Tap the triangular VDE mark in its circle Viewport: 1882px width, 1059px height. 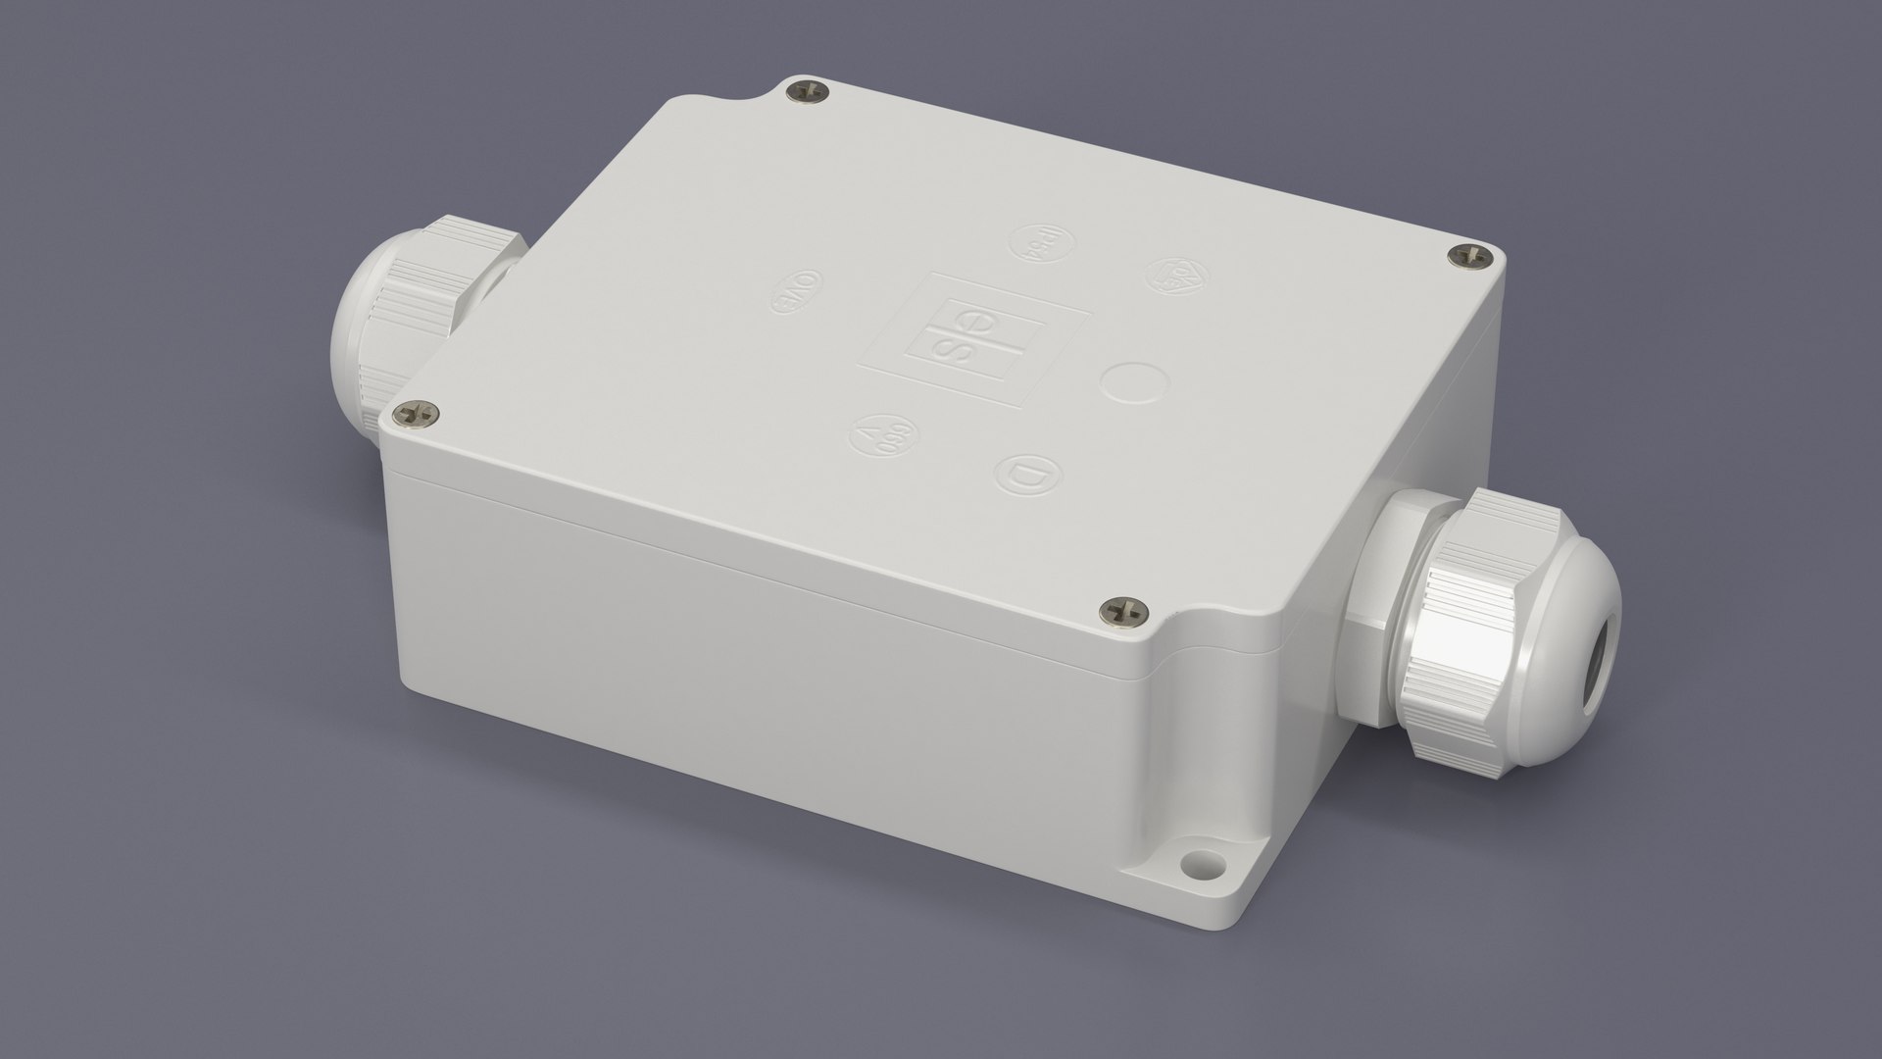coord(1169,274)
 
